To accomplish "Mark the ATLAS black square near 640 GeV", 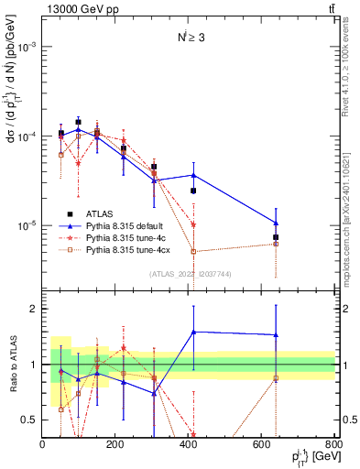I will click(x=276, y=237).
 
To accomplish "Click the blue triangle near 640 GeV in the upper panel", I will click(x=276, y=223).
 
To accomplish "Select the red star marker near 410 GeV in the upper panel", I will click(x=193, y=224).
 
